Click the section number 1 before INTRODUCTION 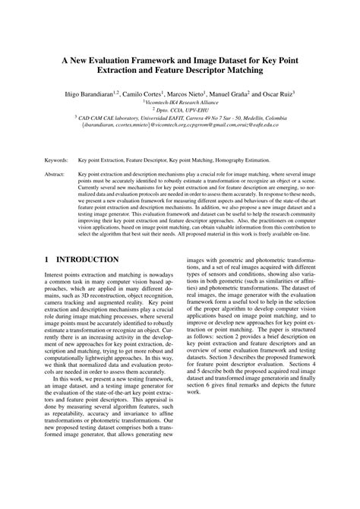click(x=48, y=260)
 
